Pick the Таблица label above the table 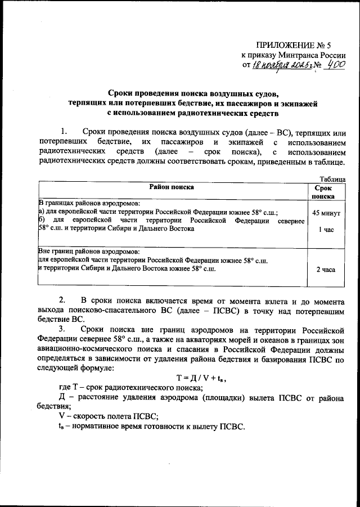pos(329,178)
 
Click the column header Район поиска pos(172,187)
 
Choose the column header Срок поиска pos(326,191)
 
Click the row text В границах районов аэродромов pos(89,202)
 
